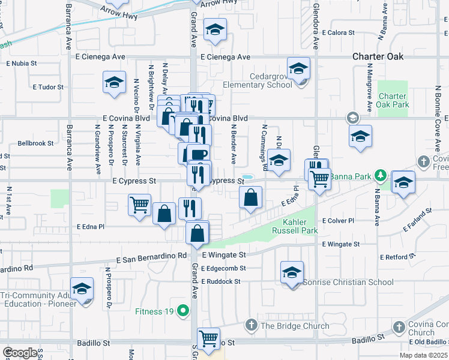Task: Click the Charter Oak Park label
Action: pos(393,101)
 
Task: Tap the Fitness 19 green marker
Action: pos(185,311)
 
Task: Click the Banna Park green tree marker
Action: pos(379,176)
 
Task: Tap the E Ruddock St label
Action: pos(221,281)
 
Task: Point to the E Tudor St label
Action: pos(49,87)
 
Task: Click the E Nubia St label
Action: pos(22,62)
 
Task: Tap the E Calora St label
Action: pos(341,33)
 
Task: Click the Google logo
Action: pos(20,353)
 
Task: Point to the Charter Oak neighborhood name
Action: pos(378,57)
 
